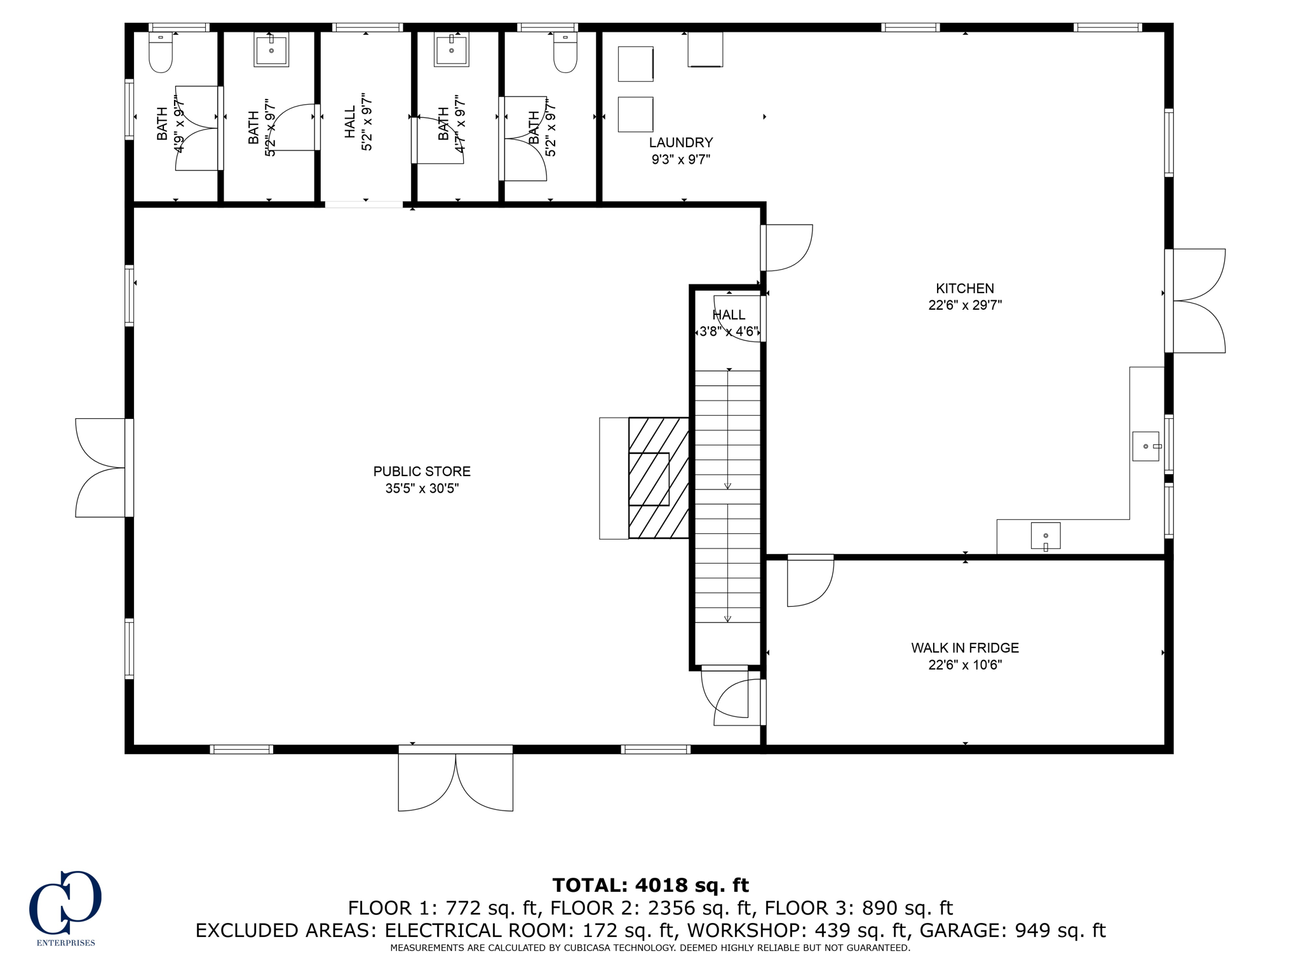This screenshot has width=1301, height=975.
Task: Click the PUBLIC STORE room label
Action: (x=422, y=472)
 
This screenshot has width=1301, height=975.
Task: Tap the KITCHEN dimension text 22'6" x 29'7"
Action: (x=964, y=305)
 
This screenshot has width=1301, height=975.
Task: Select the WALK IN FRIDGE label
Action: (x=964, y=647)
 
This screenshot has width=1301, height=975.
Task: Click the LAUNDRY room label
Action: (x=680, y=143)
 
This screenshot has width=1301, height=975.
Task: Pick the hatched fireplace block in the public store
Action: (x=658, y=478)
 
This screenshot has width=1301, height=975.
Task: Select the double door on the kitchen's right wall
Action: (x=1197, y=301)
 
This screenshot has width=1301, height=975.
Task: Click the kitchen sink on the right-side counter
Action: (x=1146, y=446)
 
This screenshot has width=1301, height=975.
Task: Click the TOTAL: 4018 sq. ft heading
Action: (x=650, y=885)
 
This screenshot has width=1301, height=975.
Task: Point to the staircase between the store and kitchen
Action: (x=727, y=495)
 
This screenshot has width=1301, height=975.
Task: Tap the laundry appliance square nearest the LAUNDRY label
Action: (x=635, y=114)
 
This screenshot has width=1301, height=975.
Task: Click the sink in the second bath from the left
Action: (x=271, y=50)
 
